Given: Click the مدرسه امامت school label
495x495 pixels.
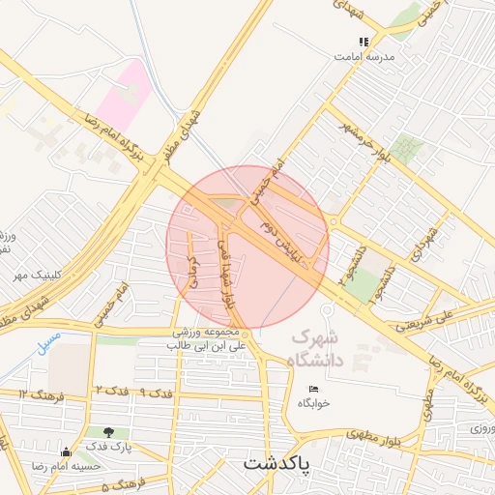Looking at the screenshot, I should (364, 56).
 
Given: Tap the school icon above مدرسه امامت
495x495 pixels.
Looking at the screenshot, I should (364, 42).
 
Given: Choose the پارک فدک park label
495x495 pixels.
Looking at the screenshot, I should (107, 448).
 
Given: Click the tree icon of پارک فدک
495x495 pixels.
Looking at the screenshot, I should (106, 433).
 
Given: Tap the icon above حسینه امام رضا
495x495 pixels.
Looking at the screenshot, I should (66, 452).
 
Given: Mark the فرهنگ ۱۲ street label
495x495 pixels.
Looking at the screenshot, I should (37, 393).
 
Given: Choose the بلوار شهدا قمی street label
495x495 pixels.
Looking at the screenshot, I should (230, 274).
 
